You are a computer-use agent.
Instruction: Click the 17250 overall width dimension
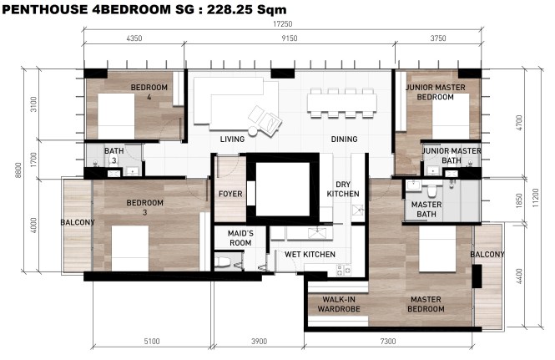click(x=282, y=23)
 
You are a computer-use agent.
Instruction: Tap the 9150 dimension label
click(x=289, y=38)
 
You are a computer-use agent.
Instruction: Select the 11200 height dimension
click(x=535, y=198)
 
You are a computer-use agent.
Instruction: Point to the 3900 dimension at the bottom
click(x=259, y=342)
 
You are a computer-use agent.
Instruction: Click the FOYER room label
click(x=230, y=194)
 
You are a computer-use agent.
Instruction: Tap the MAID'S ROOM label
click(x=240, y=238)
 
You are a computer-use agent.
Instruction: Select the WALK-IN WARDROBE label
click(x=339, y=304)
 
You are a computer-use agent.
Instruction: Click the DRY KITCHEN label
click(x=343, y=190)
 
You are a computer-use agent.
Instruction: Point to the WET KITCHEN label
click(x=310, y=255)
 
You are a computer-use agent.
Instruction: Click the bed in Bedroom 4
click(x=116, y=116)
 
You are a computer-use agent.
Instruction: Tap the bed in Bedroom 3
click(x=130, y=248)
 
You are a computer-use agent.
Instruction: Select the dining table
click(x=341, y=103)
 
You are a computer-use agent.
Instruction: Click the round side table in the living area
click(x=253, y=131)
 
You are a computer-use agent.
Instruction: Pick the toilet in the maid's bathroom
click(x=223, y=262)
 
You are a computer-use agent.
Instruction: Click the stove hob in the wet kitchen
click(x=343, y=270)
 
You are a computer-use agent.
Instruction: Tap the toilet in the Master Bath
click(x=431, y=190)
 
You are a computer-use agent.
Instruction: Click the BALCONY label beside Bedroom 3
click(x=78, y=222)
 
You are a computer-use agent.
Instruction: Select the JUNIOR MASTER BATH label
click(x=452, y=155)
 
